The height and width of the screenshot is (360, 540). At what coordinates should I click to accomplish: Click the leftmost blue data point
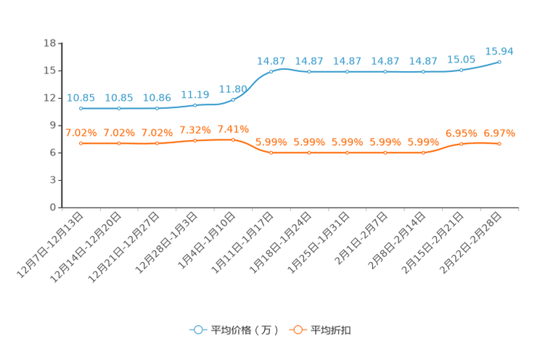(81, 108)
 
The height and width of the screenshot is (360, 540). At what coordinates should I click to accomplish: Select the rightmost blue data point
(499, 62)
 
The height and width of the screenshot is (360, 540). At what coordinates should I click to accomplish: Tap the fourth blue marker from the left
(195, 105)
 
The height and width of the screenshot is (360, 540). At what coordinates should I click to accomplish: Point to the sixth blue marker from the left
(271, 71)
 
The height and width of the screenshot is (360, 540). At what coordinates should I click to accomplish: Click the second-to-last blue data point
(461, 70)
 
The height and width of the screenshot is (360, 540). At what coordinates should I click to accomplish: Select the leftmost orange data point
(81, 144)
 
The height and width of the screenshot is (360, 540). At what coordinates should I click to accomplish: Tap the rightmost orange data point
(499, 144)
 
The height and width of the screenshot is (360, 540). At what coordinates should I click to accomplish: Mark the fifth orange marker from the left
(233, 139)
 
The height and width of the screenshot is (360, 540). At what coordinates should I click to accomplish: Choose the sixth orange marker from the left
(271, 153)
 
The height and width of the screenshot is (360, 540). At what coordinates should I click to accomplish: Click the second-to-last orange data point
(461, 144)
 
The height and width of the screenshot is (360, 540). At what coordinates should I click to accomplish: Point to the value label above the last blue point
(499, 51)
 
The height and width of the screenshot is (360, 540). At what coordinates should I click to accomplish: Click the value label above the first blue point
(81, 97)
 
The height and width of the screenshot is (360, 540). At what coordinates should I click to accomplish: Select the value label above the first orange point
(81, 133)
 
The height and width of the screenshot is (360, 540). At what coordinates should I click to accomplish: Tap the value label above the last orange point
(499, 133)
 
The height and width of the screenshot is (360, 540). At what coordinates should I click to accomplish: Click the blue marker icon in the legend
(197, 330)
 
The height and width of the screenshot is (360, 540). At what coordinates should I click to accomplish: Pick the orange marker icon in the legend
(297, 330)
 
